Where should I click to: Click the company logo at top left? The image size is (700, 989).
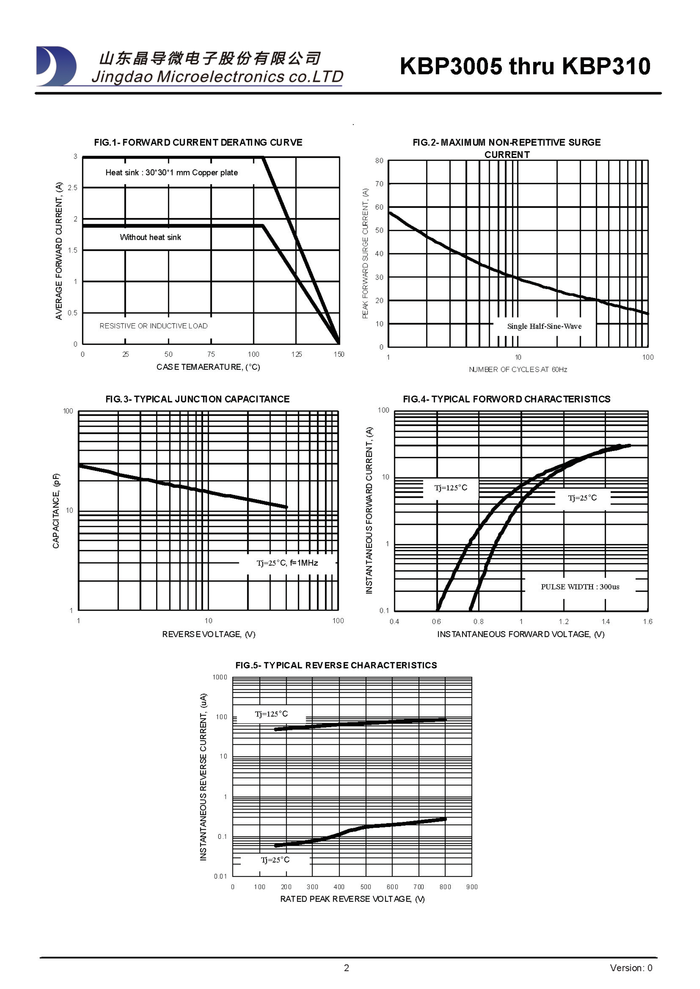click(56, 66)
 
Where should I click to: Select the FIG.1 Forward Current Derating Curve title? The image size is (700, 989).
click(198, 143)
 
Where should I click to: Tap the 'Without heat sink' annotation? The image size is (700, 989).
click(150, 237)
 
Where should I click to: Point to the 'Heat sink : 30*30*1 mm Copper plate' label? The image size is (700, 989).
click(172, 173)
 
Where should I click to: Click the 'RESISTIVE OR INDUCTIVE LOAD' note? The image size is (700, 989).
click(153, 326)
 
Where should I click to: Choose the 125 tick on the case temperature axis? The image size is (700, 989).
click(297, 354)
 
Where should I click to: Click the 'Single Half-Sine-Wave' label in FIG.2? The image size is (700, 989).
click(544, 326)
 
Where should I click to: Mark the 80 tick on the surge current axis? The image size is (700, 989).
click(379, 161)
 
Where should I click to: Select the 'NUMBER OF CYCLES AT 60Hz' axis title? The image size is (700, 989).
click(518, 370)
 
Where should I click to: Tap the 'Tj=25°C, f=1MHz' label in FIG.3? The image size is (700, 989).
click(287, 563)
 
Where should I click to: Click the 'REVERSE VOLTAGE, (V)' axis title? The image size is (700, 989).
click(209, 635)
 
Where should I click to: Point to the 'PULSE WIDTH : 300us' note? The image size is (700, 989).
click(580, 587)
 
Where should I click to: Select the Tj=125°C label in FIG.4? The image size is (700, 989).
click(450, 488)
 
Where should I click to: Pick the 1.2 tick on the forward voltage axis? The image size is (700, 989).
click(563, 622)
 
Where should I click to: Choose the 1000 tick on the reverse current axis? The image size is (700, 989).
click(220, 677)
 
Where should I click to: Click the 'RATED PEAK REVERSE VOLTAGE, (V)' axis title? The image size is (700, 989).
click(352, 899)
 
